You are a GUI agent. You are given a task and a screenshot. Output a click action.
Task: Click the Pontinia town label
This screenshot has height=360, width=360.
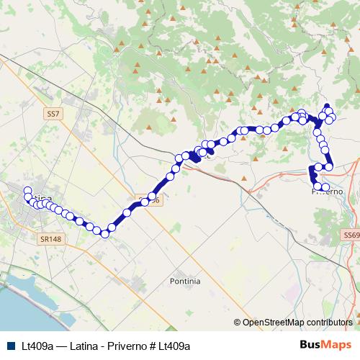pyautogui.click(x=185, y=280)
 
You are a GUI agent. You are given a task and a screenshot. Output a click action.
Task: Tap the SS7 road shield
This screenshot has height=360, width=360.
pyautogui.click(x=53, y=114)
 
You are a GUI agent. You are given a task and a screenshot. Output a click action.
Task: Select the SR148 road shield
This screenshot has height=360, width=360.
pyautogui.click(x=49, y=235)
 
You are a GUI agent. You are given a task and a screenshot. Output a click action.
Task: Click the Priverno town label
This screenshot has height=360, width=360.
pyautogui.click(x=328, y=192)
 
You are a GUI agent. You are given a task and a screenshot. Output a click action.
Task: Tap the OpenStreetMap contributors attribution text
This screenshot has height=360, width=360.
pyautogui.click(x=297, y=323)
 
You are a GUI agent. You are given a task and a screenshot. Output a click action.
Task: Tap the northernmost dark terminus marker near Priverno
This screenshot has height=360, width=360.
pyautogui.click(x=326, y=105)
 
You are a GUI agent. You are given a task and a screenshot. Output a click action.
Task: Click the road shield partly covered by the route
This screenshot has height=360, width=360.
pyautogui.click(x=146, y=202)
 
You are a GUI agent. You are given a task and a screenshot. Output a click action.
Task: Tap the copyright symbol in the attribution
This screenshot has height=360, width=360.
pyautogui.click(x=238, y=323)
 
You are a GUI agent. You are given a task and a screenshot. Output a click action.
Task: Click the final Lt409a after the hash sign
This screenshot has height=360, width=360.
pyautogui.click(x=174, y=346)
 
